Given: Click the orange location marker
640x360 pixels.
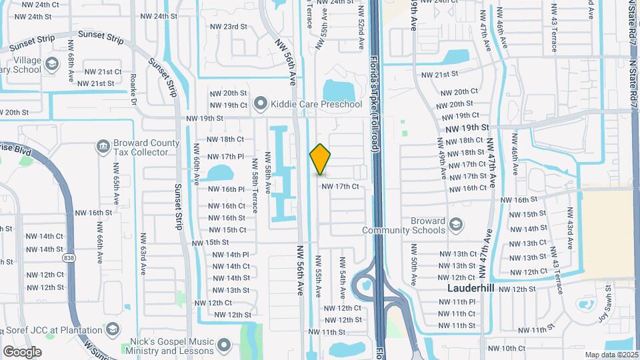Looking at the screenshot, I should tap(320, 159).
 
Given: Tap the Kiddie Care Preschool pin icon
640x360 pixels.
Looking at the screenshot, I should tap(260, 104).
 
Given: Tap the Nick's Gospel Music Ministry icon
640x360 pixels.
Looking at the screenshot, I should tap(224, 346).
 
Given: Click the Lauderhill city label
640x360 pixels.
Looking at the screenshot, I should tap(469, 289).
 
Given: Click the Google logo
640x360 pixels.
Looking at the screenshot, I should tap(22, 351).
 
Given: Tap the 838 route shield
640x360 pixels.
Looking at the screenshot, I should tap(68, 258).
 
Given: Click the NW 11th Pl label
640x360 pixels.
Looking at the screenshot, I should tap(457, 302).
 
